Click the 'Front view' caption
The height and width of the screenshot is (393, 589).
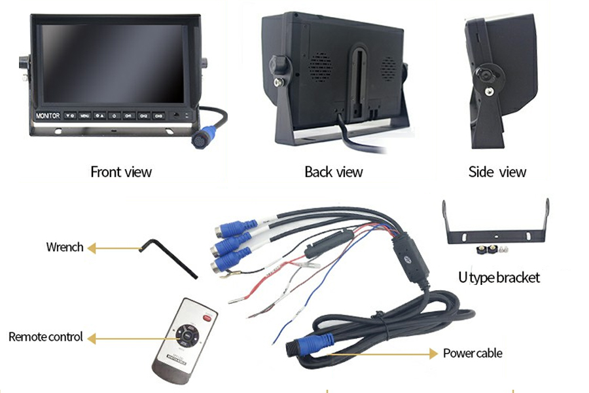pos(120,172)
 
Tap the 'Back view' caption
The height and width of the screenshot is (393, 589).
pos(333,172)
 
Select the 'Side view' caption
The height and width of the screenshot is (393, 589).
pos(497,172)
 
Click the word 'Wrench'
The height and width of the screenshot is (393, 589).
pos(65,247)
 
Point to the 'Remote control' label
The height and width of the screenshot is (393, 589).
pos(46,337)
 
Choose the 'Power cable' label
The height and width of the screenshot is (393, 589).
pos(473,353)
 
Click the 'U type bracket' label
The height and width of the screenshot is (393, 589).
pos(499,277)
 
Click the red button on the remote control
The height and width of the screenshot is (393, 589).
pos(207,319)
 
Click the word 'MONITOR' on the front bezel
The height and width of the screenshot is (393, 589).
pos(48,116)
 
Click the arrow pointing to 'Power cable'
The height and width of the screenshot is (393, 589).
pos(419,354)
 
